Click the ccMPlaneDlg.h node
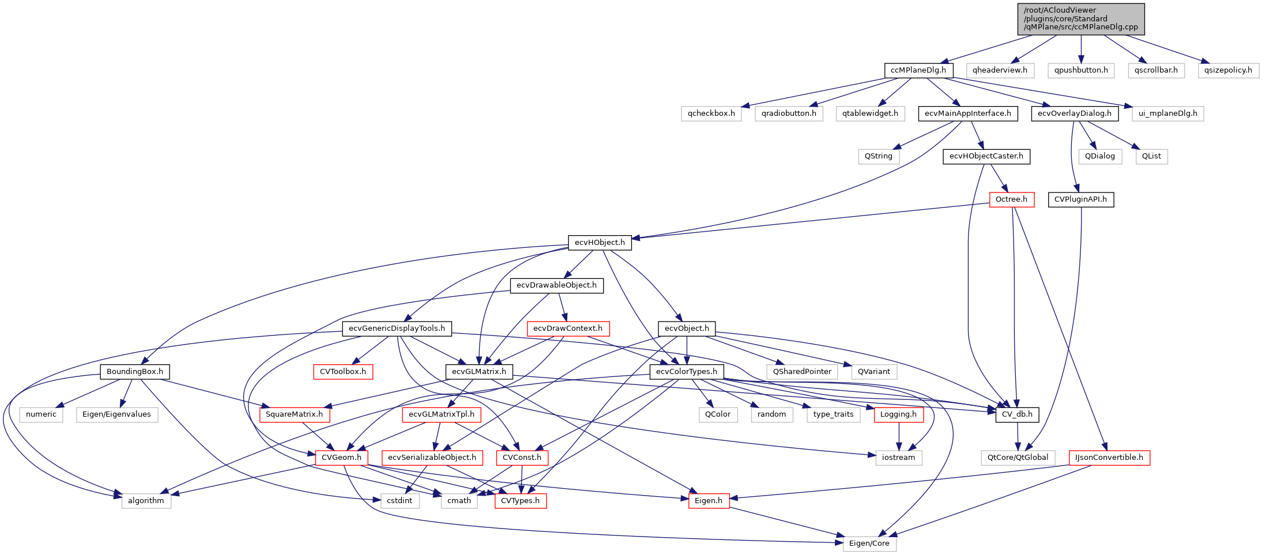918,70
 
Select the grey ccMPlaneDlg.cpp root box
1081,19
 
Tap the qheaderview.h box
1000,70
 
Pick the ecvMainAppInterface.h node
967,114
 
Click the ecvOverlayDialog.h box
1075,114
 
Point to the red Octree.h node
1011,199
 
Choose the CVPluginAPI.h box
1080,199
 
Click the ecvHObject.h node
600,243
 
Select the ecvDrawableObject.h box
556,285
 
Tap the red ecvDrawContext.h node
567,329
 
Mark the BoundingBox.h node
134,372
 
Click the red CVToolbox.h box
342,372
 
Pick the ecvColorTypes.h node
686,372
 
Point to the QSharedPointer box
802,372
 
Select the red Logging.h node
898,414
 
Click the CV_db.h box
1017,414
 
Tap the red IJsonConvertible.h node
1109,458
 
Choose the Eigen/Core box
869,543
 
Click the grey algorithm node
146,501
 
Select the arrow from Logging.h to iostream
899,436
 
